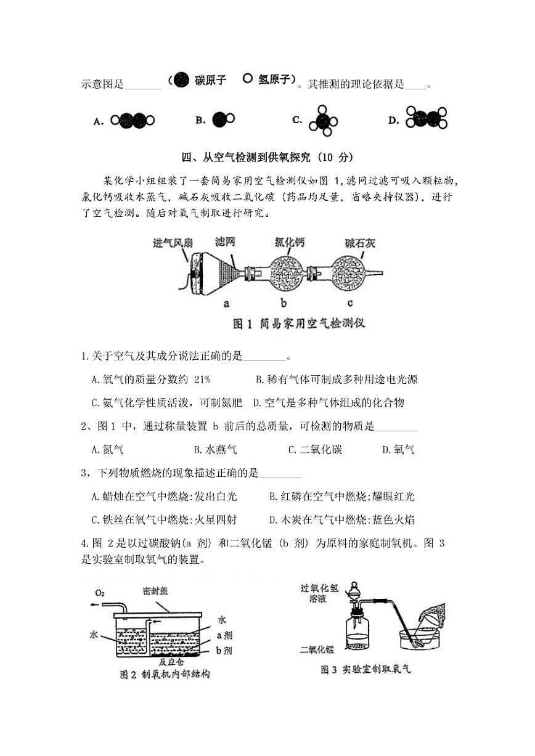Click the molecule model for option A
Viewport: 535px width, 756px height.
[133, 121]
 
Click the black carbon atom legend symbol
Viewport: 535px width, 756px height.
[181, 80]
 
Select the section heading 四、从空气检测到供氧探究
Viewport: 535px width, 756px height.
[267, 158]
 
